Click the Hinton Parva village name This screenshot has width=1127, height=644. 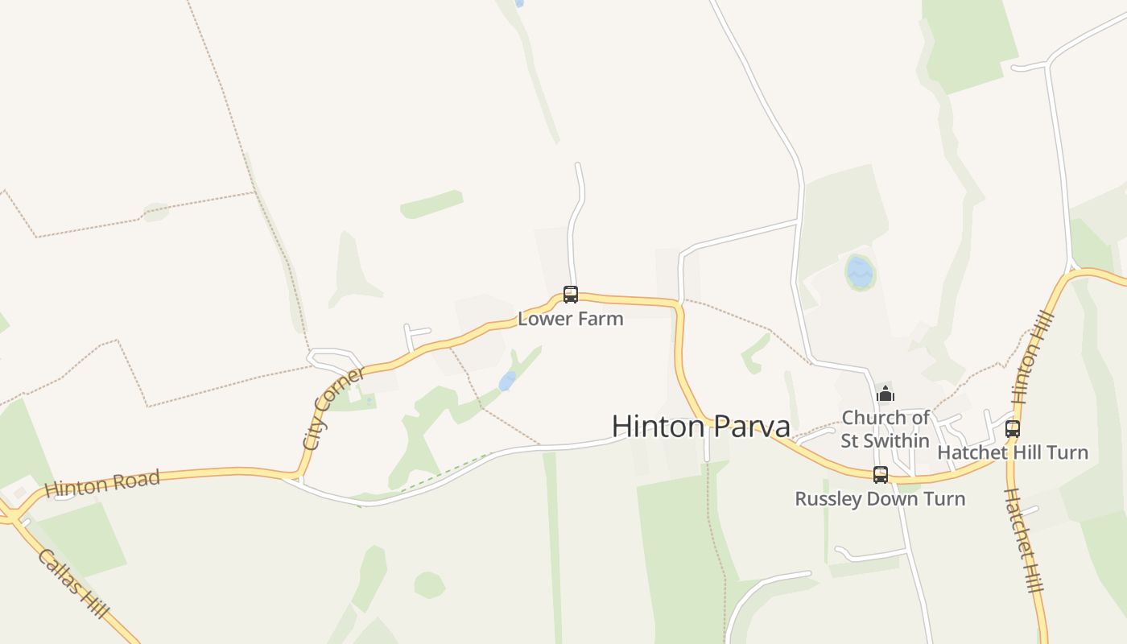(700, 426)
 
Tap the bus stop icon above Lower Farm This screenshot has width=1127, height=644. (571, 295)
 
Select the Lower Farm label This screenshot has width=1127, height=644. (570, 318)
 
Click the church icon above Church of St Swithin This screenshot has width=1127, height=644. (885, 394)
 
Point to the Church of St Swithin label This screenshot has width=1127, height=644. (885, 429)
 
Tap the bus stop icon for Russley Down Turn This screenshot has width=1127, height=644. (881, 475)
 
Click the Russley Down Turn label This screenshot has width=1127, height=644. (880, 498)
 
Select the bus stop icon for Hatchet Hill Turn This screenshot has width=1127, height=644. (1013, 429)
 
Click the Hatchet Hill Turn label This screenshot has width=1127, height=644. (1013, 452)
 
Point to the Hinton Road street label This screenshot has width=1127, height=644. (102, 483)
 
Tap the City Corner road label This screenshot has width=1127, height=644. (332, 408)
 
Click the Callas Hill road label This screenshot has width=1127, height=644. (72, 584)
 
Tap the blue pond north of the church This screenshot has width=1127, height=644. (860, 272)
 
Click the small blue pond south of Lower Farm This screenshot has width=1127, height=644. (507, 381)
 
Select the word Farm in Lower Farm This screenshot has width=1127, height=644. (602, 318)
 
